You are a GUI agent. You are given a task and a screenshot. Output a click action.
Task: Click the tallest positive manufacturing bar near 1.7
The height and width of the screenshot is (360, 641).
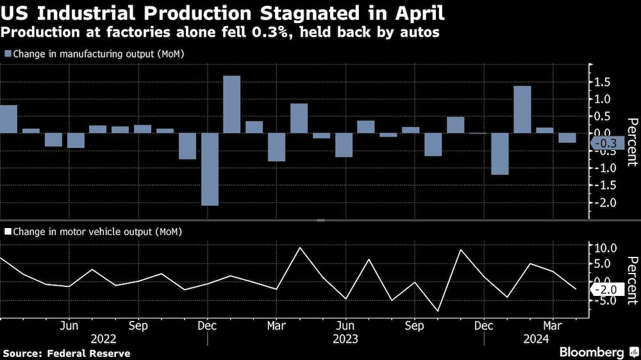(231, 104)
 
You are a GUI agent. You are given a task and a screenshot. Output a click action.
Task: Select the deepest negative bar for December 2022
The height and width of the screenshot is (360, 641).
(210, 169)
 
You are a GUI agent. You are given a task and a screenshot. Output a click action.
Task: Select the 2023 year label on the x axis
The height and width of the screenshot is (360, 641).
(345, 338)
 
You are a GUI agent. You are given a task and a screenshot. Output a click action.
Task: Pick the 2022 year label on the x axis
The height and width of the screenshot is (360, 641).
(104, 338)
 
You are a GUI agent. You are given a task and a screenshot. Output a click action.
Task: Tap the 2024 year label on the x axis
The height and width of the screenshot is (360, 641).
(536, 338)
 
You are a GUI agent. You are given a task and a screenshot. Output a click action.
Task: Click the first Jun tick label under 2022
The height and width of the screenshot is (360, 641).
(69, 325)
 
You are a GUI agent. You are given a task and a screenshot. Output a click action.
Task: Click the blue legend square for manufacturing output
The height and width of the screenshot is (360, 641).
(7, 54)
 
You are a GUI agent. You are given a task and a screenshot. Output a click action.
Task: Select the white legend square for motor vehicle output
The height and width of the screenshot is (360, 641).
(7, 231)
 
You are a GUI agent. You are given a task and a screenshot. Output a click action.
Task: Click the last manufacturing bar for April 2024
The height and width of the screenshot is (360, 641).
(567, 138)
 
